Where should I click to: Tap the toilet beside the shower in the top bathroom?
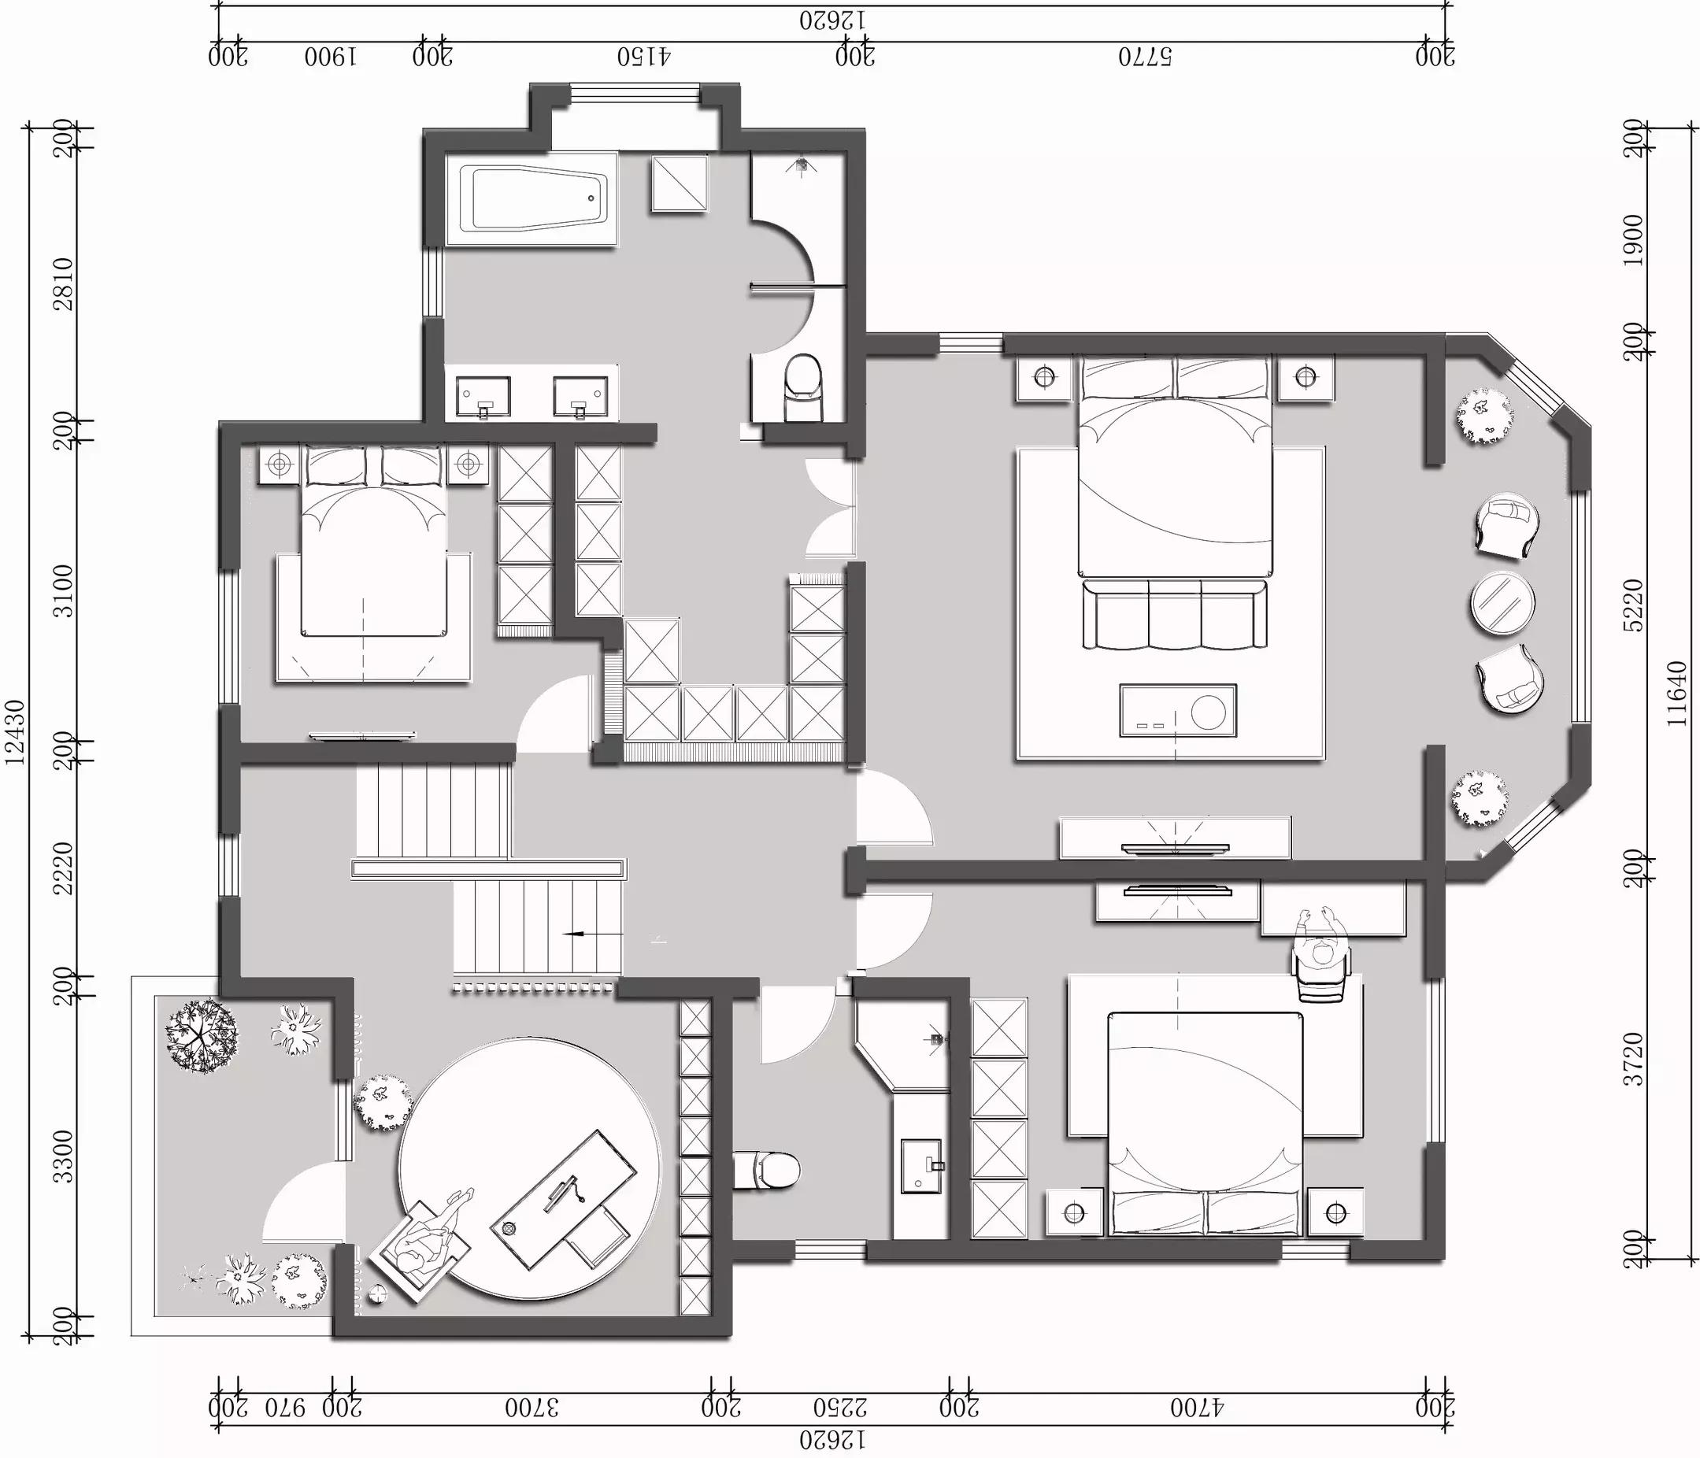pos(802,387)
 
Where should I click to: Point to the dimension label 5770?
pos(1146,57)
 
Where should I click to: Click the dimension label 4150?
pos(644,57)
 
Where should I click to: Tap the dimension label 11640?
pos(1677,694)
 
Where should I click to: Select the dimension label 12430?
pos(16,733)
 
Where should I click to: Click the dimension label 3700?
pos(531,1408)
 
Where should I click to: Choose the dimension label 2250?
pos(841,1408)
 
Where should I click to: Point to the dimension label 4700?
pos(1196,1408)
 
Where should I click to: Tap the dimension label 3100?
pos(64,590)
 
